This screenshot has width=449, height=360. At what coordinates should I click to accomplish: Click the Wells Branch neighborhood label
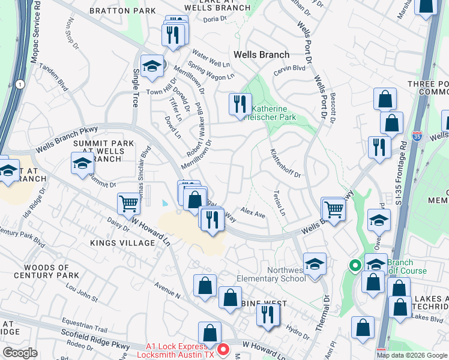coord(261,55)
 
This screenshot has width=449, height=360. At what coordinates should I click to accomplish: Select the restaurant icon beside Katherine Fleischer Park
coord(240,104)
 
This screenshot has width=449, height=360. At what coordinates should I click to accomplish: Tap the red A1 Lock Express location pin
coord(222,348)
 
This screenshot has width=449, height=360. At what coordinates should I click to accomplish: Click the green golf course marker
coord(355,264)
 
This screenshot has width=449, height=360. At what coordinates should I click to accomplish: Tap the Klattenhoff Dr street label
coord(285,163)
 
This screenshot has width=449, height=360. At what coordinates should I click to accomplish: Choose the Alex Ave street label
coord(253,213)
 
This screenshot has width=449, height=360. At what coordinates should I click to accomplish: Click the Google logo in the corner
coord(20,353)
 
